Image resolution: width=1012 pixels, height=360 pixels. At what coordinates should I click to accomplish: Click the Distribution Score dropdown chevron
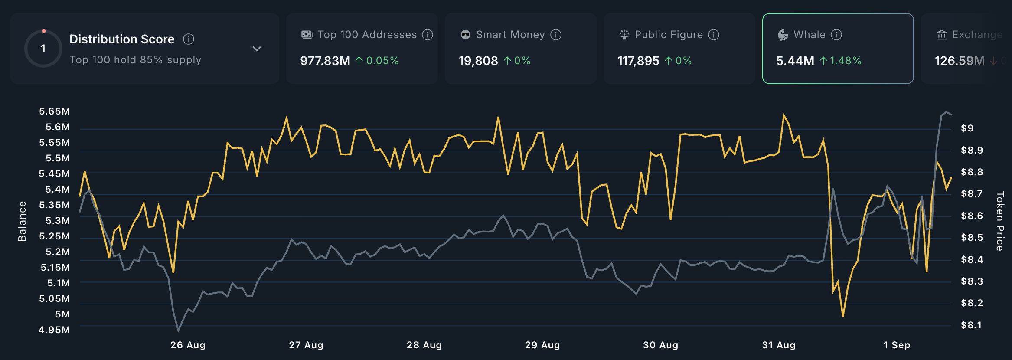tap(257, 49)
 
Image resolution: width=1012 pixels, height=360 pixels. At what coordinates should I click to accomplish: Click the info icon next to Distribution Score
tap(189, 39)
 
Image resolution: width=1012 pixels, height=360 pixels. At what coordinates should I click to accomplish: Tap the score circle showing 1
tap(43, 49)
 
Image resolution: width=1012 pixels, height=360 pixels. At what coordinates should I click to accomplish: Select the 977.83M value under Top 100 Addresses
tap(325, 61)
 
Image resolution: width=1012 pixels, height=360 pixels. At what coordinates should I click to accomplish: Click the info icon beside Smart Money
tap(556, 35)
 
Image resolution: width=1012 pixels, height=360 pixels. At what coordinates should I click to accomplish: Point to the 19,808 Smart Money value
tap(478, 61)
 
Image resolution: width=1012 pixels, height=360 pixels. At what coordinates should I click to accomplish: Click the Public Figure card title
tap(668, 35)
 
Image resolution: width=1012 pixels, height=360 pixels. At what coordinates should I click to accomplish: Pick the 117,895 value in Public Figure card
tap(638, 61)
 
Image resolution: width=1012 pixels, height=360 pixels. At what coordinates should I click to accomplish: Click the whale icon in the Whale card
tap(783, 35)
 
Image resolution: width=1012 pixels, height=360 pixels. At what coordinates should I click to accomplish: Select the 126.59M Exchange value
tap(960, 61)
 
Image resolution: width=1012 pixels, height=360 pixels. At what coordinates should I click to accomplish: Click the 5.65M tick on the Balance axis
tap(55, 111)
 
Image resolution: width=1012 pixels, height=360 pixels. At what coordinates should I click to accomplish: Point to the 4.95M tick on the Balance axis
tap(54, 330)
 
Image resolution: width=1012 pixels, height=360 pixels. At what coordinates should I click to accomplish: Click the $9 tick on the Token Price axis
tap(967, 128)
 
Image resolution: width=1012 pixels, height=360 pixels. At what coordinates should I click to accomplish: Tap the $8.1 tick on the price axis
tap(971, 325)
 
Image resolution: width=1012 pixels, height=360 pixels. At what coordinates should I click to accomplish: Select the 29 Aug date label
tap(542, 345)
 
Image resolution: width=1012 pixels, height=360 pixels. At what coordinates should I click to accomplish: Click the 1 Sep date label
tap(897, 345)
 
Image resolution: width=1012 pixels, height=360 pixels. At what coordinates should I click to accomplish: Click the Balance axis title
tap(22, 221)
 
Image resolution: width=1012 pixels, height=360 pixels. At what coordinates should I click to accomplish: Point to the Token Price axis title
tap(1000, 221)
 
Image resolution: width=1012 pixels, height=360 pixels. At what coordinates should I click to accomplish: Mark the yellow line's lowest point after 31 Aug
tap(843, 316)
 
